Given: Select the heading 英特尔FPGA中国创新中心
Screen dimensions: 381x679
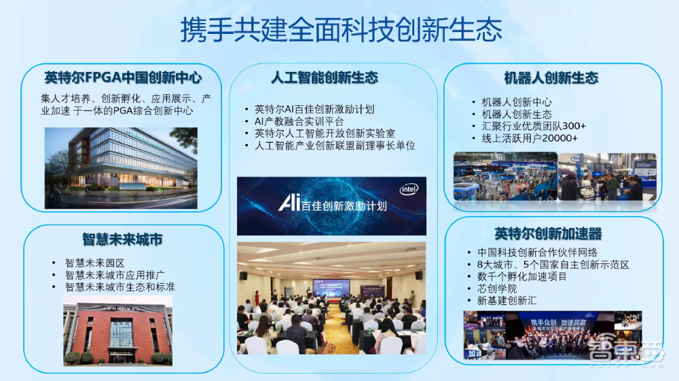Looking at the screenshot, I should pyautogui.click(x=123, y=77).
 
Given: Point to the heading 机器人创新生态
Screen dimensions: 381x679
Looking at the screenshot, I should pyautogui.click(x=551, y=77).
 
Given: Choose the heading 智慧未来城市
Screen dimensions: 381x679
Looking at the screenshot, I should pyautogui.click(x=122, y=240).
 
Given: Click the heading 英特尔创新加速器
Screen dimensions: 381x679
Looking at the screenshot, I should pyautogui.click(x=548, y=234).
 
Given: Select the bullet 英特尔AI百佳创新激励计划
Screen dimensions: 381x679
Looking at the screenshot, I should pyautogui.click(x=314, y=109).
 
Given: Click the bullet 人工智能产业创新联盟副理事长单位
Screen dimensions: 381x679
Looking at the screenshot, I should pyautogui.click(x=335, y=145).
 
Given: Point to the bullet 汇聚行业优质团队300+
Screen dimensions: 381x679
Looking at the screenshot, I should pyautogui.click(x=534, y=126).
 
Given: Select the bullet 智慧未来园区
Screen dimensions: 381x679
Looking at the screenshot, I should pyautogui.click(x=95, y=262).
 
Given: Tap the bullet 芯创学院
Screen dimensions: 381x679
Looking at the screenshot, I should pyautogui.click(x=497, y=288).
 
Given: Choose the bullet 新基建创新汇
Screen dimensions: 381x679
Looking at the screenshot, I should pyautogui.click(x=507, y=300).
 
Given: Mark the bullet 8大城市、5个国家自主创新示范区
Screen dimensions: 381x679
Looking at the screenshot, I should pyautogui.click(x=553, y=264).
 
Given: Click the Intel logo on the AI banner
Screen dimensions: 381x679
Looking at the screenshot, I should pyautogui.click(x=409, y=189).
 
